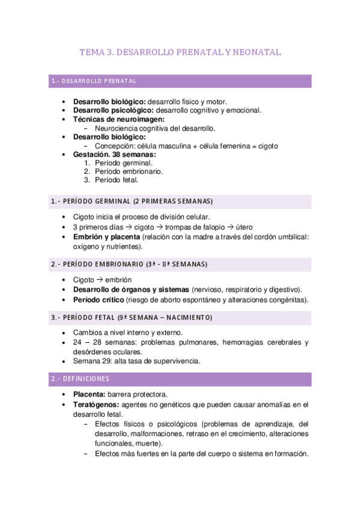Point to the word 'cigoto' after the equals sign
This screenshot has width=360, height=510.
coord(267,146)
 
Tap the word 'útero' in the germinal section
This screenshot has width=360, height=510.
coord(243,227)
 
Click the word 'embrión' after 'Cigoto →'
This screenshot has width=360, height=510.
coord(120,280)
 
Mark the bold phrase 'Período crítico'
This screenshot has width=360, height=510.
coord(98,300)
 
